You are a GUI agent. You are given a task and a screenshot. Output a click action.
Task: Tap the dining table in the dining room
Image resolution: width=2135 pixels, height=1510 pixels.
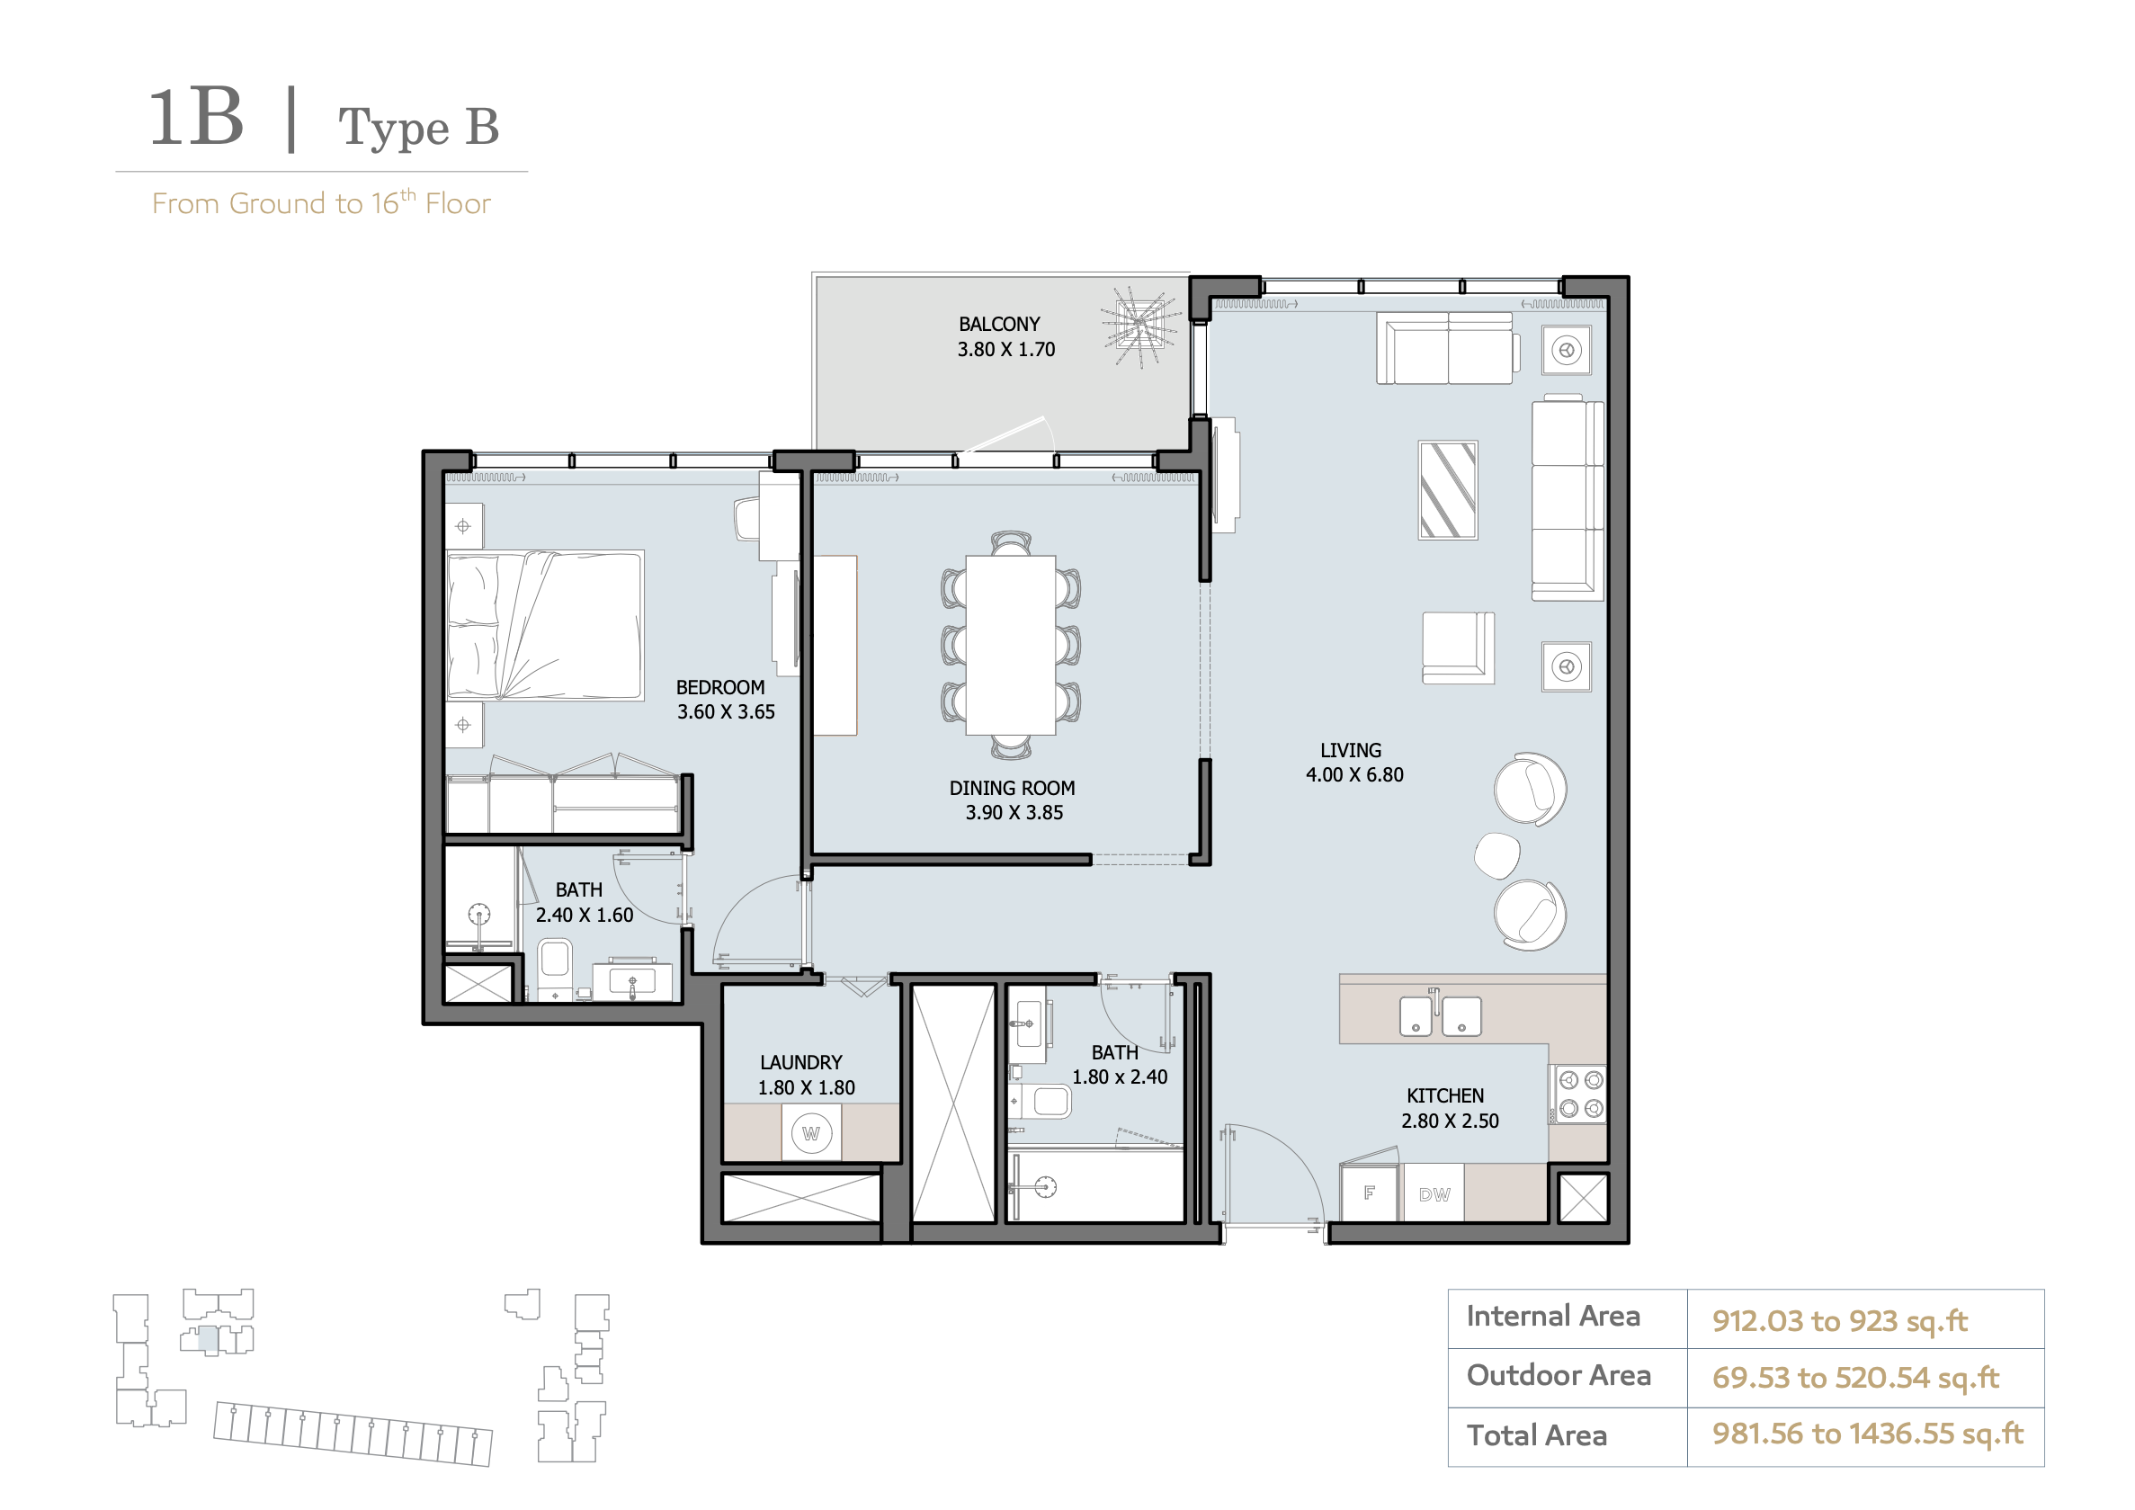coord(1010,644)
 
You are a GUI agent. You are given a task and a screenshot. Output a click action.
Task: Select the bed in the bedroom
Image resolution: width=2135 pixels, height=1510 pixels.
coord(544,625)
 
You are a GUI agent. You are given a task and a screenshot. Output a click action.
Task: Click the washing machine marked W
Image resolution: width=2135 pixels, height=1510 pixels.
coord(811,1133)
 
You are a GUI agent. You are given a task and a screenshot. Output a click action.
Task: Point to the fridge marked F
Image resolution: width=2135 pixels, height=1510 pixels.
coord(1369,1192)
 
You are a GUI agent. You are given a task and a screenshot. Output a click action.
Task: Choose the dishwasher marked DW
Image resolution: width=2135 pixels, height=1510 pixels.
coord(1434,1193)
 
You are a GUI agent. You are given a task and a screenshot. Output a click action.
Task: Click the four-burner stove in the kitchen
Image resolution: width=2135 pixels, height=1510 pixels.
coord(1578,1094)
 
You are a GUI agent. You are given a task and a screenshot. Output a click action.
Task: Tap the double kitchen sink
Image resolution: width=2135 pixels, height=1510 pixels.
coord(1441,1015)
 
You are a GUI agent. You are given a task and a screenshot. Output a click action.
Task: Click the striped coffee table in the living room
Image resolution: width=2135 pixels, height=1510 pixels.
coord(1448,490)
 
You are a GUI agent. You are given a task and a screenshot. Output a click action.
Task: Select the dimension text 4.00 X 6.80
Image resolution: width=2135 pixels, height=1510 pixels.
coord(1353,774)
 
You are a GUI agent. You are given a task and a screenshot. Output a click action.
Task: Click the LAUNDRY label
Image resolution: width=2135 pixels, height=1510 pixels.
coord(800,1062)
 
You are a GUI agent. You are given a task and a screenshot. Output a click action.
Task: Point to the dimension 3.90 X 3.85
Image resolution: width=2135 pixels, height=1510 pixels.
coord(1014,813)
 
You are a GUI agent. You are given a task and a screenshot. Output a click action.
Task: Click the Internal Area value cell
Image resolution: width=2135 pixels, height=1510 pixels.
coord(1864,1318)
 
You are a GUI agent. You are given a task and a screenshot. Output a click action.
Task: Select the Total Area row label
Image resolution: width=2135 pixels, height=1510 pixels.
coord(1536,1434)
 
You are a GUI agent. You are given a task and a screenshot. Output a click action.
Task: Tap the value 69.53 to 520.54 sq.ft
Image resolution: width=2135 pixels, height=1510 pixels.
coord(1855,1377)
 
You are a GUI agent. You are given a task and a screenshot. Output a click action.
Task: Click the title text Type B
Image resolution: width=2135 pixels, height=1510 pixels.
coord(418,128)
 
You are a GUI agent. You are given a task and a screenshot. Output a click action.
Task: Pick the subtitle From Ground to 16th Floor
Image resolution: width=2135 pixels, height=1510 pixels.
coord(321,202)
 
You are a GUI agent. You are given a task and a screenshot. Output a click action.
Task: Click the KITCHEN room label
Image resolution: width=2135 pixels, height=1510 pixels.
coord(1445,1095)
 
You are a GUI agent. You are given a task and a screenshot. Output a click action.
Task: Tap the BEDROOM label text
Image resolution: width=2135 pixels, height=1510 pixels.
coord(719,687)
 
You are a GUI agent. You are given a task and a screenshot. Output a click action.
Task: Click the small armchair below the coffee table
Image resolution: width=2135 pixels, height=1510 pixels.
coord(1458,648)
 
